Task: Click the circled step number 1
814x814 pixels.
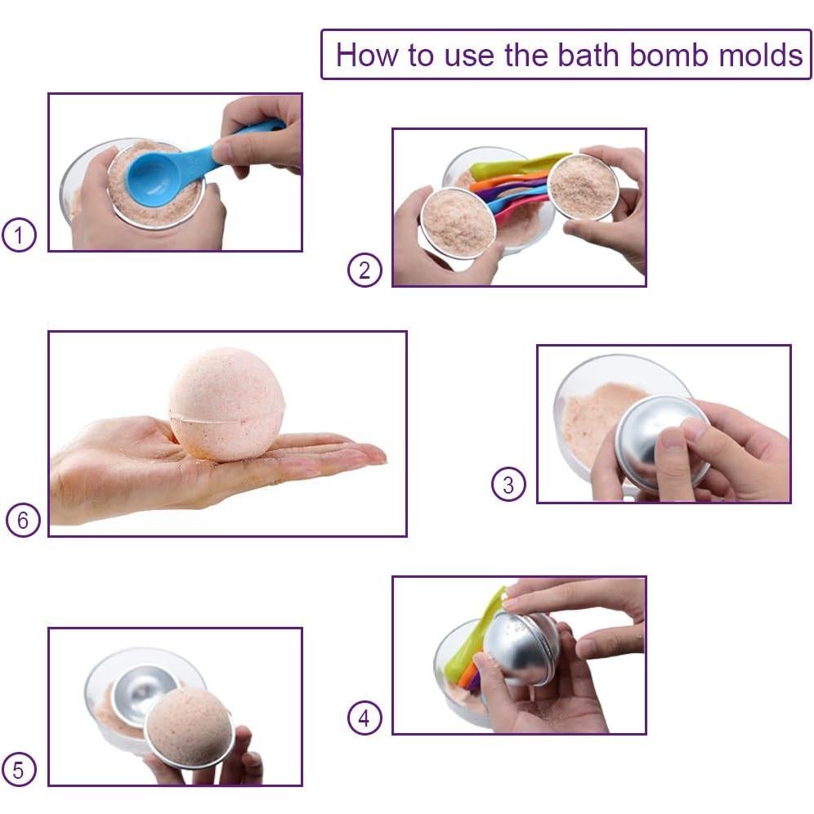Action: (19, 236)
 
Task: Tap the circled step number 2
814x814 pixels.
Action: (365, 270)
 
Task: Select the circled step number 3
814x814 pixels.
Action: (508, 485)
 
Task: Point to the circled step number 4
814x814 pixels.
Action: (365, 718)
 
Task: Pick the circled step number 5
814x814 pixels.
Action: (19, 769)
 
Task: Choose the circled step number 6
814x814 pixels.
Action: (23, 521)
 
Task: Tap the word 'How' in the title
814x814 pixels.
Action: (365, 55)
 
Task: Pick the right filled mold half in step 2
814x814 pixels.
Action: (583, 187)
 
